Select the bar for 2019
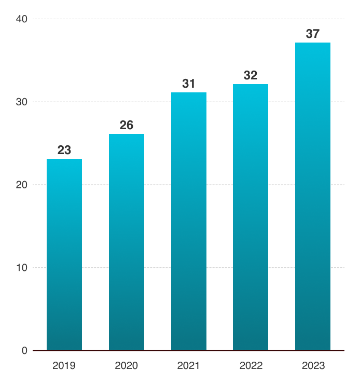pyautogui.click(x=64, y=254)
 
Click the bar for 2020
pyautogui.click(x=127, y=242)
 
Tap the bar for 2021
pyautogui.click(x=189, y=221)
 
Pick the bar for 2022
pyautogui.click(x=251, y=217)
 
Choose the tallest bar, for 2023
pyautogui.click(x=313, y=196)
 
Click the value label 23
pyautogui.click(x=64, y=150)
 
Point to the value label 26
pyautogui.click(x=127, y=125)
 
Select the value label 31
pyautogui.click(x=188, y=84)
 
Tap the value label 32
pyautogui.click(x=251, y=75)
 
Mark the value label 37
pyautogui.click(x=313, y=34)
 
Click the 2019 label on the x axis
pyautogui.click(x=64, y=366)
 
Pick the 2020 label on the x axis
pyautogui.click(x=126, y=366)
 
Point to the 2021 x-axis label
pyautogui.click(x=188, y=366)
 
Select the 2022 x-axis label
pyautogui.click(x=251, y=366)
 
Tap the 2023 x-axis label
pyautogui.click(x=313, y=366)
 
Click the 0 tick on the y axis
pyautogui.click(x=24, y=351)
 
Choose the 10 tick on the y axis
pyautogui.click(x=22, y=268)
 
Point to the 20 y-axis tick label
pyautogui.click(x=22, y=185)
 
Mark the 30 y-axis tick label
pyautogui.click(x=22, y=102)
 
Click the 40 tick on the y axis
pyautogui.click(x=22, y=19)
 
